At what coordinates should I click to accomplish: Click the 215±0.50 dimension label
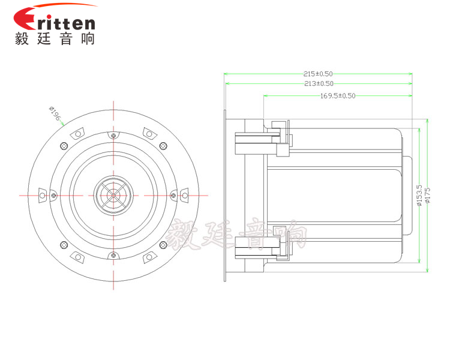point(318,74)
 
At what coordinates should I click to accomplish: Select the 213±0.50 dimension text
point(319,83)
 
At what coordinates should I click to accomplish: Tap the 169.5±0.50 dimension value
point(337,95)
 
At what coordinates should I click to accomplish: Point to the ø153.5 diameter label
point(419,195)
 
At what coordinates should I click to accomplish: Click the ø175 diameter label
point(428,195)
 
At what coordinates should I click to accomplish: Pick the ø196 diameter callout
point(55,113)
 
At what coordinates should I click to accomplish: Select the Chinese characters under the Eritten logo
point(55,38)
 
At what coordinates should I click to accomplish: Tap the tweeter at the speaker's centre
point(113,196)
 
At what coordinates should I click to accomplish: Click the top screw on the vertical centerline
point(113,135)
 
